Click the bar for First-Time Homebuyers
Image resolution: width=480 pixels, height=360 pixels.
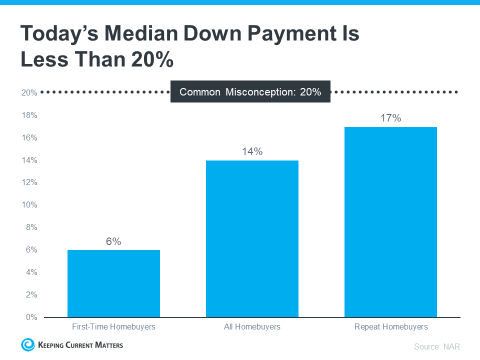tap(113, 283)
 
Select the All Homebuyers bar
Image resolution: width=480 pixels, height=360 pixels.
tap(252, 238)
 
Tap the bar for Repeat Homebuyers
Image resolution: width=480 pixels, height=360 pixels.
tap(390, 222)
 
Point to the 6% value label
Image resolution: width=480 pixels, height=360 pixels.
tap(113, 241)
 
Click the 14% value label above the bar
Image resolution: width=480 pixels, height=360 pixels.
tap(252, 151)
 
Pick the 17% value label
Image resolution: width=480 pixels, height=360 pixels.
tap(390, 118)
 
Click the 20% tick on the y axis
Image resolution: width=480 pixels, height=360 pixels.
tap(29, 93)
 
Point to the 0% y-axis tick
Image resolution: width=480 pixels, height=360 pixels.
tap(31, 317)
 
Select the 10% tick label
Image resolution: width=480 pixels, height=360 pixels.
tap(29, 205)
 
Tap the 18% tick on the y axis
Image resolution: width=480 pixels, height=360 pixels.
tap(29, 115)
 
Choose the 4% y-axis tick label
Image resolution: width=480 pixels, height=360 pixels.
tap(31, 272)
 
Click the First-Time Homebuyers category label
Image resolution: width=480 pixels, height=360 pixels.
tap(113, 327)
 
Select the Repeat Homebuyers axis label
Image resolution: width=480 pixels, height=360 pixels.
tap(391, 327)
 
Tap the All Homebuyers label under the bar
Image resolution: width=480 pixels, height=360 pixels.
tap(252, 327)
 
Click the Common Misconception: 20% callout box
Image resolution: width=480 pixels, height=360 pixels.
tap(250, 92)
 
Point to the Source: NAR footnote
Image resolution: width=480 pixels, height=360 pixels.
tap(436, 346)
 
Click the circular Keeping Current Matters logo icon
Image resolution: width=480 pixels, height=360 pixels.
tap(26, 344)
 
